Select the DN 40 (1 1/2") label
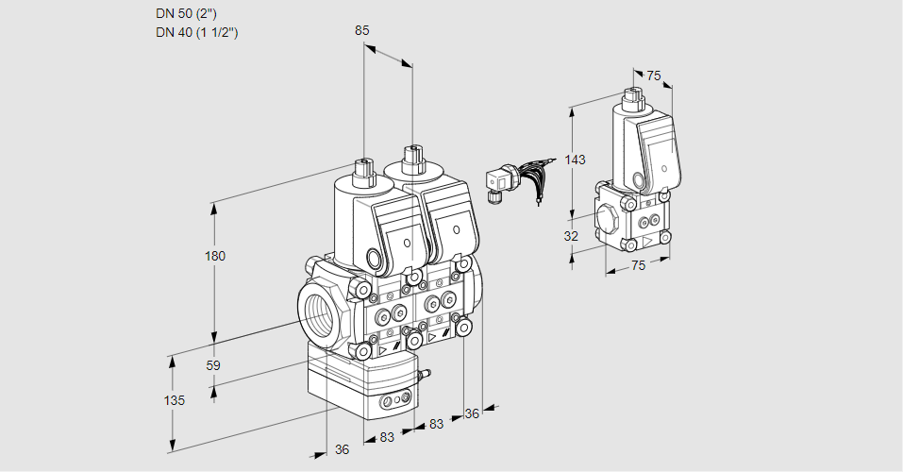click(x=196, y=32)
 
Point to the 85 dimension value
click(x=361, y=30)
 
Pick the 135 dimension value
click(x=174, y=400)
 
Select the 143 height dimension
click(x=575, y=160)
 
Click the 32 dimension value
click(x=571, y=236)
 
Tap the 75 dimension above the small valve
click(x=654, y=76)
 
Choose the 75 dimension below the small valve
click(x=638, y=266)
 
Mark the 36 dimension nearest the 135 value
click(x=342, y=449)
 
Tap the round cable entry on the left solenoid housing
click(x=375, y=259)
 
